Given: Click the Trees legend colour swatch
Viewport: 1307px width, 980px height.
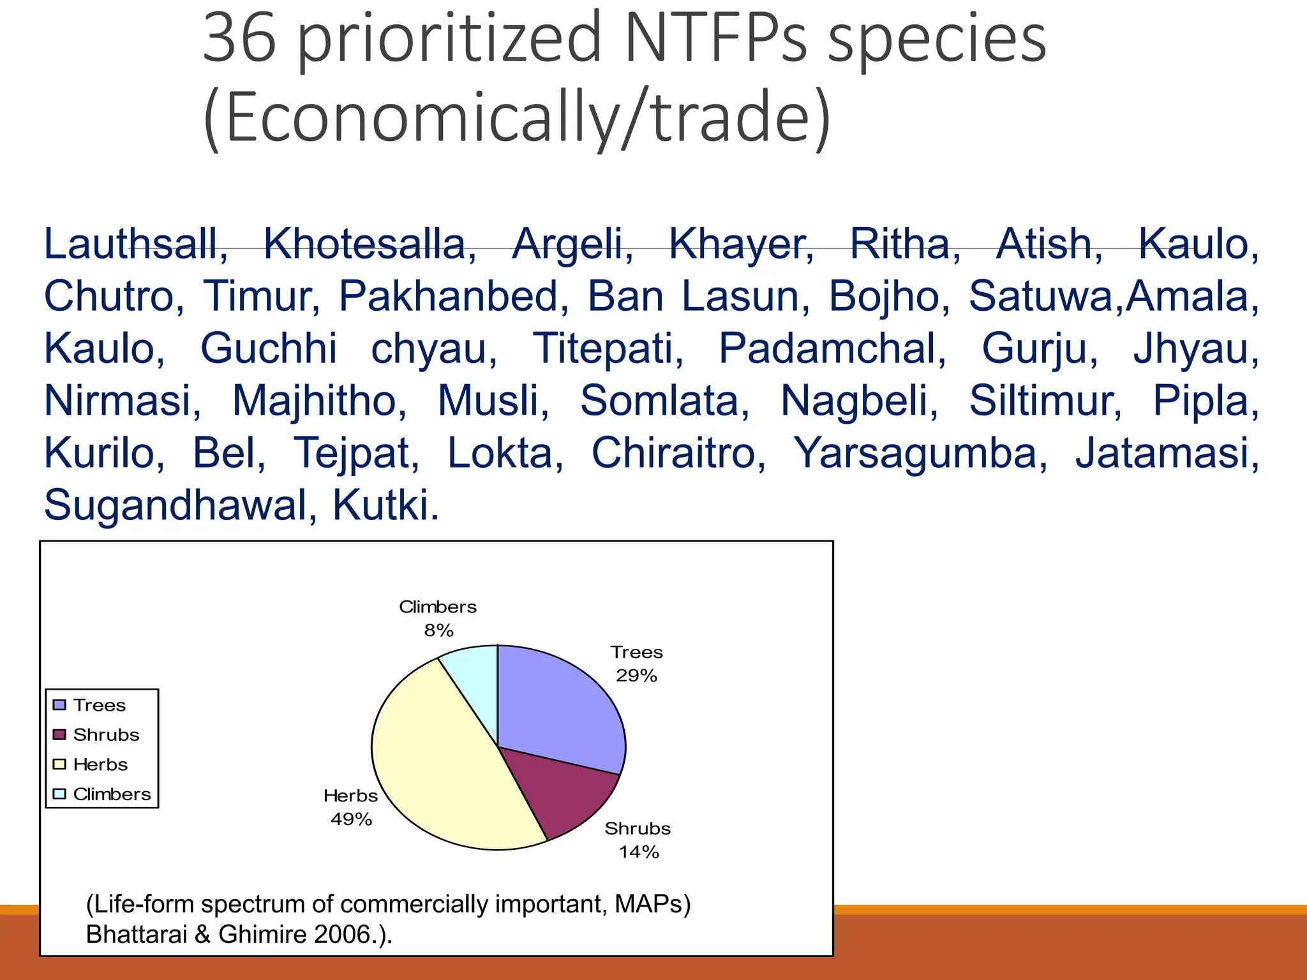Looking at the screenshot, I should pos(59,705).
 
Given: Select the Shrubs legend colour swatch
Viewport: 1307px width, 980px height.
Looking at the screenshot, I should pos(59,734).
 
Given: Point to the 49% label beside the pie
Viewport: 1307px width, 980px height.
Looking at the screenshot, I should pos(351,819).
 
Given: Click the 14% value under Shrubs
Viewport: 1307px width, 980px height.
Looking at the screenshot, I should pos(638,852).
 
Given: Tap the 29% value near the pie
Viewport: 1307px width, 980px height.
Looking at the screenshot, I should pos(636,676).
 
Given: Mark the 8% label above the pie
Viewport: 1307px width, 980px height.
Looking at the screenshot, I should pos(438,630).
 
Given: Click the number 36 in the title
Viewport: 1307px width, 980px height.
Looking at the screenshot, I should pos(239,40).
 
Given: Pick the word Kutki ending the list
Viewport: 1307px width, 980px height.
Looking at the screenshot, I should pos(385,505).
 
